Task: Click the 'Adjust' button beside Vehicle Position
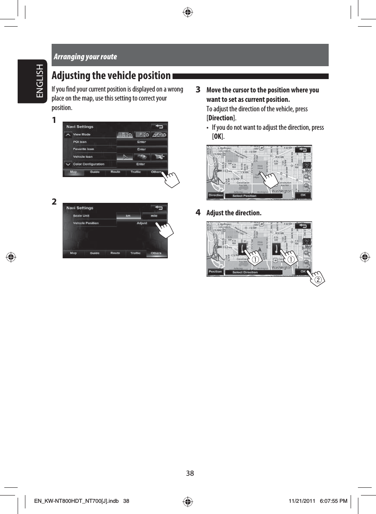tap(142, 223)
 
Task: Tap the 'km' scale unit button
tap(128, 216)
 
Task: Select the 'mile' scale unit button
tap(153, 216)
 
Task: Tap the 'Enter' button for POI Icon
tap(142, 142)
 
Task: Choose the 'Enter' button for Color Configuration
tap(142, 164)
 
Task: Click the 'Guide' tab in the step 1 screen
tap(95, 172)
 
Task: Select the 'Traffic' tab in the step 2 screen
tap(136, 253)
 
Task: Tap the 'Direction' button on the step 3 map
tap(216, 195)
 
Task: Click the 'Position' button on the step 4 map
tap(215, 272)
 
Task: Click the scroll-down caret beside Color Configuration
tap(68, 164)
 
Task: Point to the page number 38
tap(190, 474)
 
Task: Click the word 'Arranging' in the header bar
tap(69, 57)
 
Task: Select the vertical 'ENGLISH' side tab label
tap(40, 82)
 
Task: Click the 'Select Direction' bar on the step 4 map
tap(245, 272)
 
